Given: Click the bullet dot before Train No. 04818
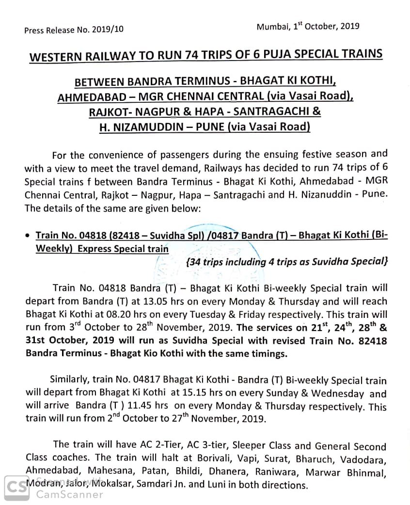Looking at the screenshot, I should point(27,236).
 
